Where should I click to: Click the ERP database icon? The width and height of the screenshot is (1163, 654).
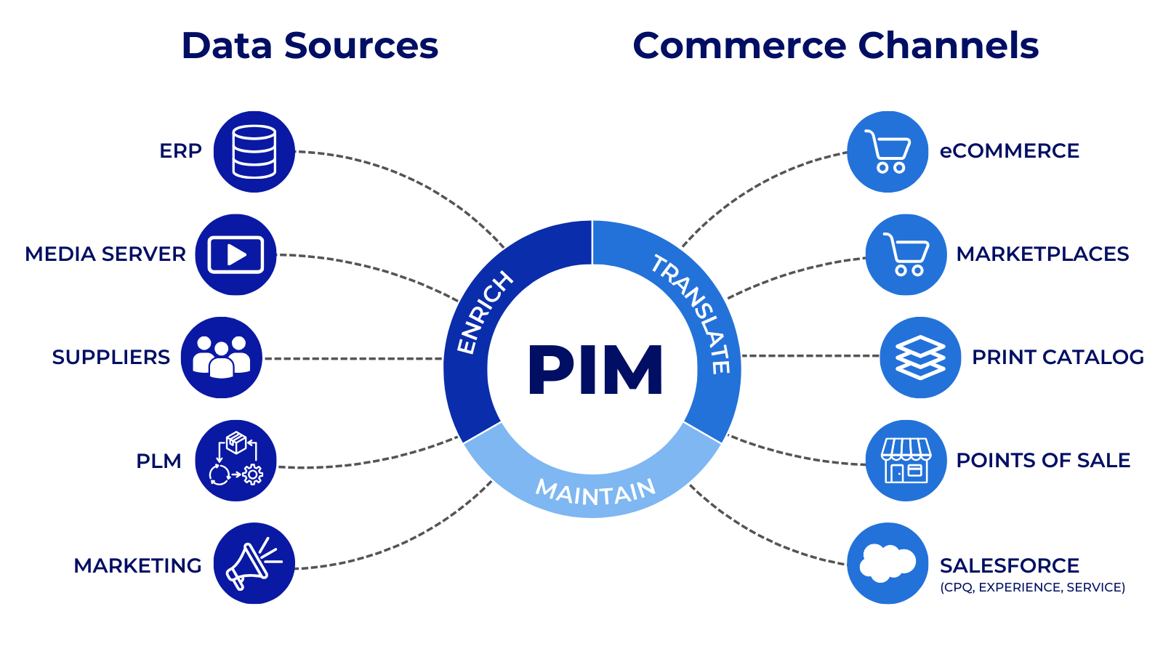[254, 152]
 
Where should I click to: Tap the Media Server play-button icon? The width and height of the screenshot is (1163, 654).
[236, 255]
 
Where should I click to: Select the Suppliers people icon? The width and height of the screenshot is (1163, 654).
[221, 358]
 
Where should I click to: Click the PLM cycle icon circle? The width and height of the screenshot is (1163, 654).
[236, 461]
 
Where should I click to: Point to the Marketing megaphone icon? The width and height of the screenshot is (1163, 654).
[254, 564]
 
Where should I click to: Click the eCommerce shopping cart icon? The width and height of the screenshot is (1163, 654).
[888, 152]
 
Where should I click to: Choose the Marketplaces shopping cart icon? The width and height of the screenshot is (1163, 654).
[906, 255]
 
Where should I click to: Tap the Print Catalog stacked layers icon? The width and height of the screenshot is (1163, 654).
[920, 358]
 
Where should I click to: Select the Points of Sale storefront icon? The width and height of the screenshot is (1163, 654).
[906, 461]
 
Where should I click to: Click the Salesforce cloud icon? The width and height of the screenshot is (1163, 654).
[888, 564]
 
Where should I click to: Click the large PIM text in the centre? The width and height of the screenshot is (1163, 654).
[595, 371]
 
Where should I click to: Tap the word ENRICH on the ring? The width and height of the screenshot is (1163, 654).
[483, 312]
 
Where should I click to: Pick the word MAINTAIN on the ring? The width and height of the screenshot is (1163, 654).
[595, 493]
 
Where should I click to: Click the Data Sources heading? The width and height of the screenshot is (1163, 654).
[310, 46]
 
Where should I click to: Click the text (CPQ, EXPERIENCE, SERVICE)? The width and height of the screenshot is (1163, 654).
[1032, 587]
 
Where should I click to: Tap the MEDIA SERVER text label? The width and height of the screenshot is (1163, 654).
[105, 254]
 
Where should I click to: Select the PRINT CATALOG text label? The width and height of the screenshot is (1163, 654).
[1058, 358]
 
